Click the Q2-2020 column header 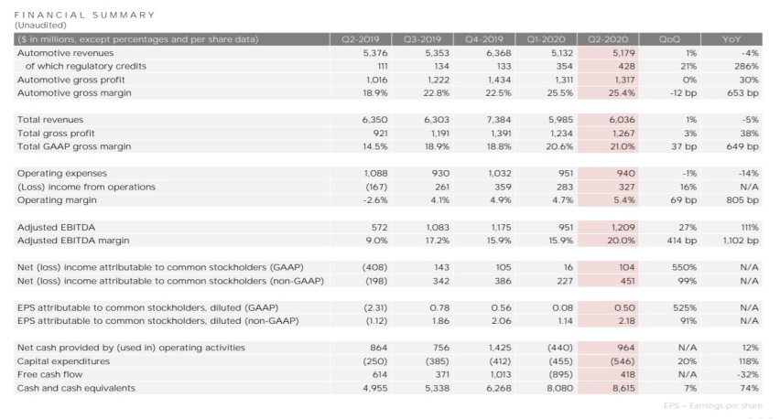click(x=607, y=39)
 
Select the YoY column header click(x=731, y=39)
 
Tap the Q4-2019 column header click(x=484, y=39)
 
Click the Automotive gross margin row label click(x=74, y=93)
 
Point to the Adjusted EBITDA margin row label click(x=73, y=241)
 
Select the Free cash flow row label click(x=49, y=375)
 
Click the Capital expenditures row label click(x=63, y=361)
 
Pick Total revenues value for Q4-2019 click(x=498, y=120)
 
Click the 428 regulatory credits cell click(x=626, y=66)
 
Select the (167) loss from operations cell click(x=375, y=187)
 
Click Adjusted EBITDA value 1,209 click(x=623, y=227)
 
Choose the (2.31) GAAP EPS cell click(x=375, y=307)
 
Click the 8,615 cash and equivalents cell click(x=623, y=388)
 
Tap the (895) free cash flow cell click(x=560, y=375)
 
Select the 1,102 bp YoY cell click(x=741, y=241)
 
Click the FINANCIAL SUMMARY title click(x=84, y=15)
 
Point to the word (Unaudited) click(x=40, y=26)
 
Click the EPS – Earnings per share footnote click(x=712, y=406)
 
